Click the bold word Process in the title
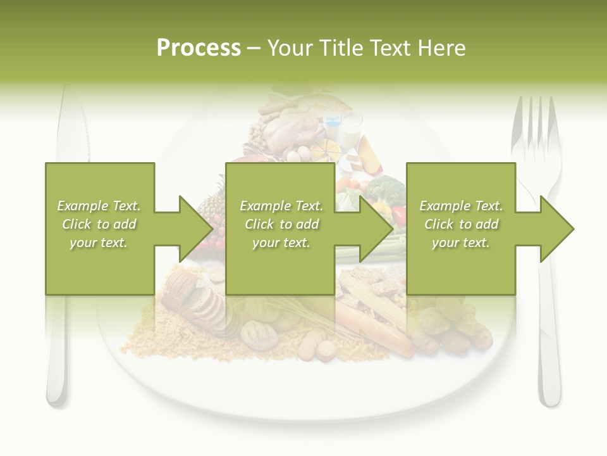199,48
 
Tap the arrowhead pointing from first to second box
196,229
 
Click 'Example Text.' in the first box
99,206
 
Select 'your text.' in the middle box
281,243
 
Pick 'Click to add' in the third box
461,224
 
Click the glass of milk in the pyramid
352,129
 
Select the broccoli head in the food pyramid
386,189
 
